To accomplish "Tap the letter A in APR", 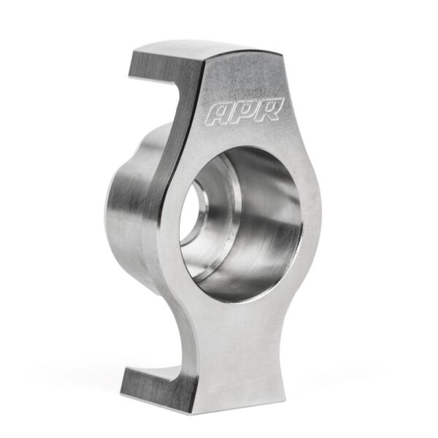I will click(219, 115).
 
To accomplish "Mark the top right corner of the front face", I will click(282, 53).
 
